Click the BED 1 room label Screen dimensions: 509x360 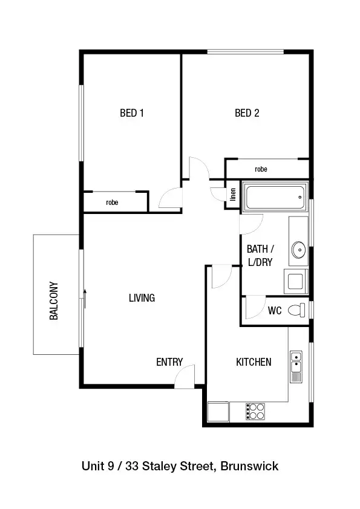click(x=131, y=113)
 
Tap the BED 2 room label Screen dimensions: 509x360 click(x=247, y=113)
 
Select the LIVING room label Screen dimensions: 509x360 click(x=142, y=297)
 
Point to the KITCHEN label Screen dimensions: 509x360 click(x=253, y=362)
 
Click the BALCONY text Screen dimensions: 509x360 click(x=54, y=300)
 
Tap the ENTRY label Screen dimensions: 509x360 click(x=169, y=362)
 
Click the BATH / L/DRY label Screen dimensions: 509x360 click(x=261, y=256)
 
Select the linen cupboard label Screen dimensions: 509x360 click(x=232, y=195)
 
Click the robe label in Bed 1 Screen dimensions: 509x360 click(x=112, y=203)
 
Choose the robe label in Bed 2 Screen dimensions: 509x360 click(x=261, y=169)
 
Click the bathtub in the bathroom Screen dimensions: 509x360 click(x=275, y=196)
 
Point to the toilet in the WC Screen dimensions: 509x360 click(x=296, y=311)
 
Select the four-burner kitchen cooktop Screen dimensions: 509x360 click(x=255, y=411)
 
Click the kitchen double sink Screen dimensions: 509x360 click(x=296, y=366)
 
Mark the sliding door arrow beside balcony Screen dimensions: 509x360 click(x=85, y=297)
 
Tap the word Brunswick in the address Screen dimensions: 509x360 click(x=249, y=466)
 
